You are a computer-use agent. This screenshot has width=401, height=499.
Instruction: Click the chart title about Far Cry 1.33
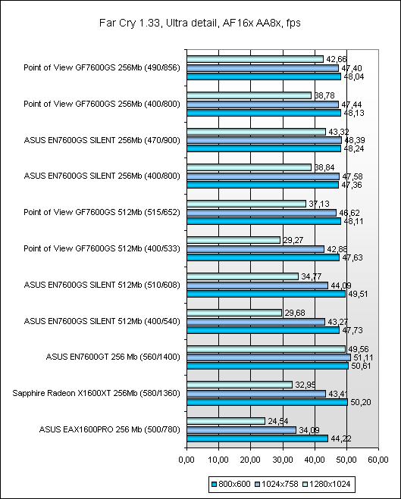(200, 23)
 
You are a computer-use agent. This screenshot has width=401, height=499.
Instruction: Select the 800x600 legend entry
(231, 484)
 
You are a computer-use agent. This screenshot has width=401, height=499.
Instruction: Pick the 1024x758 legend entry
(277, 484)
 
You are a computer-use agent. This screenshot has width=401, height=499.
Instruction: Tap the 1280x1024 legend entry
(327, 484)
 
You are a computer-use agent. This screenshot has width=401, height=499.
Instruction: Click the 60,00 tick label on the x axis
(378, 460)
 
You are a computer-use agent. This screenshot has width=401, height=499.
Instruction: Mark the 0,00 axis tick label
(186, 460)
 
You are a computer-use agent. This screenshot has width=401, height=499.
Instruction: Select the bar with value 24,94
(226, 421)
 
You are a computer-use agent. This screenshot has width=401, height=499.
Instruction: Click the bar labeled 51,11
(268, 357)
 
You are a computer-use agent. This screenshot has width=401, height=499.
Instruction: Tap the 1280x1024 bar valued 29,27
(233, 240)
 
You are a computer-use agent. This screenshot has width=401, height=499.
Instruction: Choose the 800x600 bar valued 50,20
(268, 402)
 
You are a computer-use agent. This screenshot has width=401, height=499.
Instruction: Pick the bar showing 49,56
(266, 349)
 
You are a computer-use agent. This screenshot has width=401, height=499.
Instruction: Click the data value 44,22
(341, 438)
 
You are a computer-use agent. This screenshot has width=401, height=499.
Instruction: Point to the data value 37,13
(319, 204)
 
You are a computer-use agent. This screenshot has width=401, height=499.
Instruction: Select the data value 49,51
(358, 294)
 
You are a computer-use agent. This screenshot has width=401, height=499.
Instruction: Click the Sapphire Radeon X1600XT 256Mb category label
(96, 393)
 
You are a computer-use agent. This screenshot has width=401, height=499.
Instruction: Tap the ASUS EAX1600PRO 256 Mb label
(110, 429)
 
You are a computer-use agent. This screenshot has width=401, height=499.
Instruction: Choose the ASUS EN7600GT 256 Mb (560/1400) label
(113, 357)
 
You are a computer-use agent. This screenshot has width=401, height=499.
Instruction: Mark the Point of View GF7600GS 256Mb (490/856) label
(102, 68)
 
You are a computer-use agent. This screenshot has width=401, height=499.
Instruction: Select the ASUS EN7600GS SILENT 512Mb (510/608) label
(102, 285)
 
